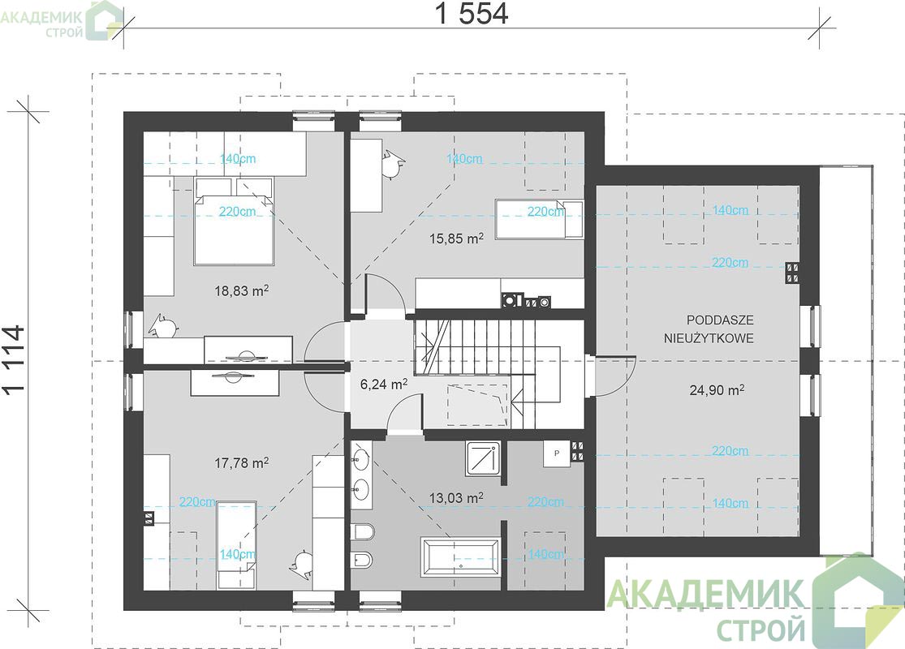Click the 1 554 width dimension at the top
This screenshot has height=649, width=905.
471,14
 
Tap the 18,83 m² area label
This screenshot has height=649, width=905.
242,290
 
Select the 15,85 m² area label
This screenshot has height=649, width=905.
456,238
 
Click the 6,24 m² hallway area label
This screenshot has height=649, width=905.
384,384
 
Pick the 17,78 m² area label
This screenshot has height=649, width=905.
241,462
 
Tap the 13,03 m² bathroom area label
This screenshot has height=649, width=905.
456,497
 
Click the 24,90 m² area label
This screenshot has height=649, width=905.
717,390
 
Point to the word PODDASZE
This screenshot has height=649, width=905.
720,320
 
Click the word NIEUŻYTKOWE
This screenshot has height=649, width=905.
709,338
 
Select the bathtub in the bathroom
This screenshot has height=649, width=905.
460,557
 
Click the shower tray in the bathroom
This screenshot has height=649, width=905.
484,459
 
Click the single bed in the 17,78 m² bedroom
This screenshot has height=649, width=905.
236,544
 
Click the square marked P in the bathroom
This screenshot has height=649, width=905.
556,453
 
